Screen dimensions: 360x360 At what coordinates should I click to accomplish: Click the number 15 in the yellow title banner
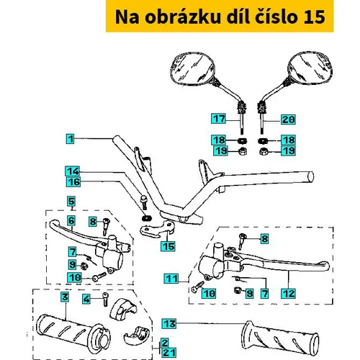314,17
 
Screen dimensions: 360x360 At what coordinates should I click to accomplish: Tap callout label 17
219,119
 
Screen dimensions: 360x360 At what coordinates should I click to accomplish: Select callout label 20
288,120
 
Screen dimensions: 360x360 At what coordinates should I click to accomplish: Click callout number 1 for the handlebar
71,139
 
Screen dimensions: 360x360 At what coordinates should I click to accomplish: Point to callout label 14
73,171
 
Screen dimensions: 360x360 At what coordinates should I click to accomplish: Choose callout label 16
73,181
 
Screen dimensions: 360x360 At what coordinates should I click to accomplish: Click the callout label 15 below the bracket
168,246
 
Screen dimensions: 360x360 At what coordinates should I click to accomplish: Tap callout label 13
169,323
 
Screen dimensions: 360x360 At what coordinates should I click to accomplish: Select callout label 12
289,293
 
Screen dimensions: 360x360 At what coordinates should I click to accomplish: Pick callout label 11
171,279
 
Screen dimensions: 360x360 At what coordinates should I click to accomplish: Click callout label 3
65,297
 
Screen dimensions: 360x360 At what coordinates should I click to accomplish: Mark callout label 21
169,353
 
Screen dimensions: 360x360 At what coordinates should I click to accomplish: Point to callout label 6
71,220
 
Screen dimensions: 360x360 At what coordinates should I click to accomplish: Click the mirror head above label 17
193,68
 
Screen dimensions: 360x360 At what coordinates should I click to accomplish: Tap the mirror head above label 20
310,68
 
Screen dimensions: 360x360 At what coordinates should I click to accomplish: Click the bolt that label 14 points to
144,201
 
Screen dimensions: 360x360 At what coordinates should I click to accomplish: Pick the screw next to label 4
106,299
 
